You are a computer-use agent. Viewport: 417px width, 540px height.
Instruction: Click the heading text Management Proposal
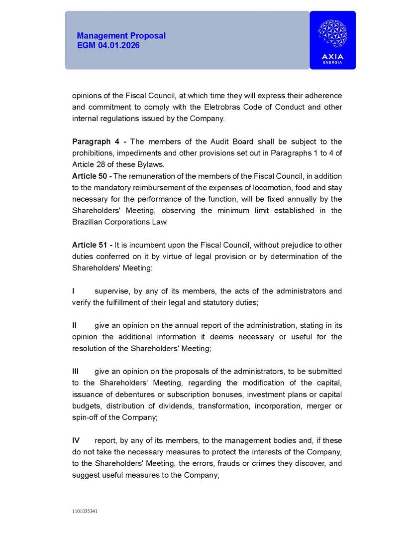(x=121, y=36)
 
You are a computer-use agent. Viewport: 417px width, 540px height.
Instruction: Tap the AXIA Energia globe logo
(x=332, y=34)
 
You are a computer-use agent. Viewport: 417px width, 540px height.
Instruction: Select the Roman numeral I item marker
(x=74, y=291)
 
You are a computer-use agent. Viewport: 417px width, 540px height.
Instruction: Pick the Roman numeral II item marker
(x=75, y=325)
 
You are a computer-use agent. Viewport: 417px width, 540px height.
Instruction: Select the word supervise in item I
(x=111, y=291)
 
